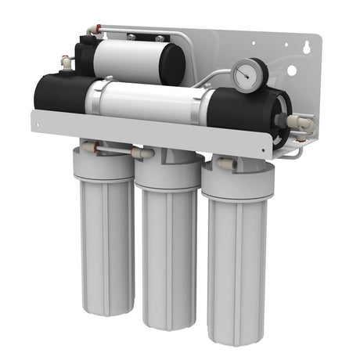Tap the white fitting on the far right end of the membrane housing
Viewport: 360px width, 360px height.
[301, 124]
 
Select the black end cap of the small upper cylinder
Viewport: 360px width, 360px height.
[85, 56]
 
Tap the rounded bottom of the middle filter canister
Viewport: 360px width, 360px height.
[167, 321]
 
